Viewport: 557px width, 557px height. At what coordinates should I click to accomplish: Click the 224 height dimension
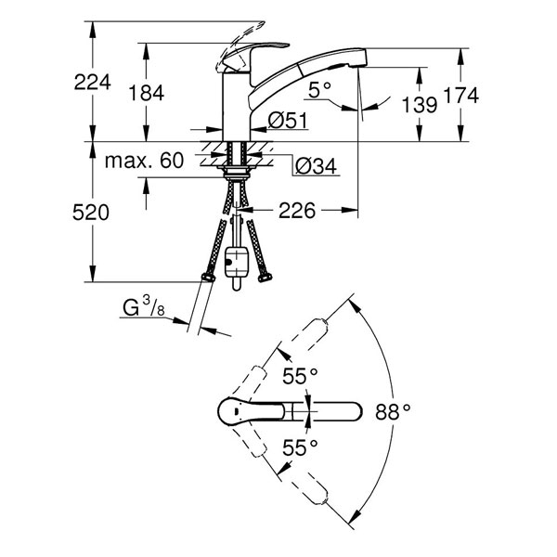pos(92,83)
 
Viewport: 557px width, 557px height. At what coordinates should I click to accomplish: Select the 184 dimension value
pos(147,93)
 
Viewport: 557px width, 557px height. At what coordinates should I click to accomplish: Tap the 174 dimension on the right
pos(461,96)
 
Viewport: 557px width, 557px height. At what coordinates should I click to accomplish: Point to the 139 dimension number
pos(420,105)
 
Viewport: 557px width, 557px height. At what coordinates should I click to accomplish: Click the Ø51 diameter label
pos(288,120)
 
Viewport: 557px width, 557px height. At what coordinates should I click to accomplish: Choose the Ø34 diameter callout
pos(317,166)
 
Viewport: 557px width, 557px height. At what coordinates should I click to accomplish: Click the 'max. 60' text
pos(144,161)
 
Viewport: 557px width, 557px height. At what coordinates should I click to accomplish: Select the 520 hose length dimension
pos(91,213)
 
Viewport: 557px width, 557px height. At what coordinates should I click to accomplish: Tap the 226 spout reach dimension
pos(297,211)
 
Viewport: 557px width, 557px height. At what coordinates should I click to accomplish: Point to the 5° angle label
pos(319,89)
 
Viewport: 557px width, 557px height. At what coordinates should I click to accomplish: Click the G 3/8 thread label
pos(144,307)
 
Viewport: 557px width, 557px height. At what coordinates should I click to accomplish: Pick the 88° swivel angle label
pos(393,412)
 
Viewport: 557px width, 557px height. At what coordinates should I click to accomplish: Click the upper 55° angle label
pos(300,376)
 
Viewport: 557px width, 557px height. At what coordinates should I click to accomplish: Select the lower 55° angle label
pos(300,447)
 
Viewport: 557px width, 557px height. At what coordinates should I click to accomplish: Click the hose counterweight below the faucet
pos(237,262)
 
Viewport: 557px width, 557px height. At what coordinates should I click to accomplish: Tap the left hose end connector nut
pos(208,277)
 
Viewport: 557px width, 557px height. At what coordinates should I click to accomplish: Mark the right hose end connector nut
pos(265,278)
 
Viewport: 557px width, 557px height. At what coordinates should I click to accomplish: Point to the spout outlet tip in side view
pos(358,64)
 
